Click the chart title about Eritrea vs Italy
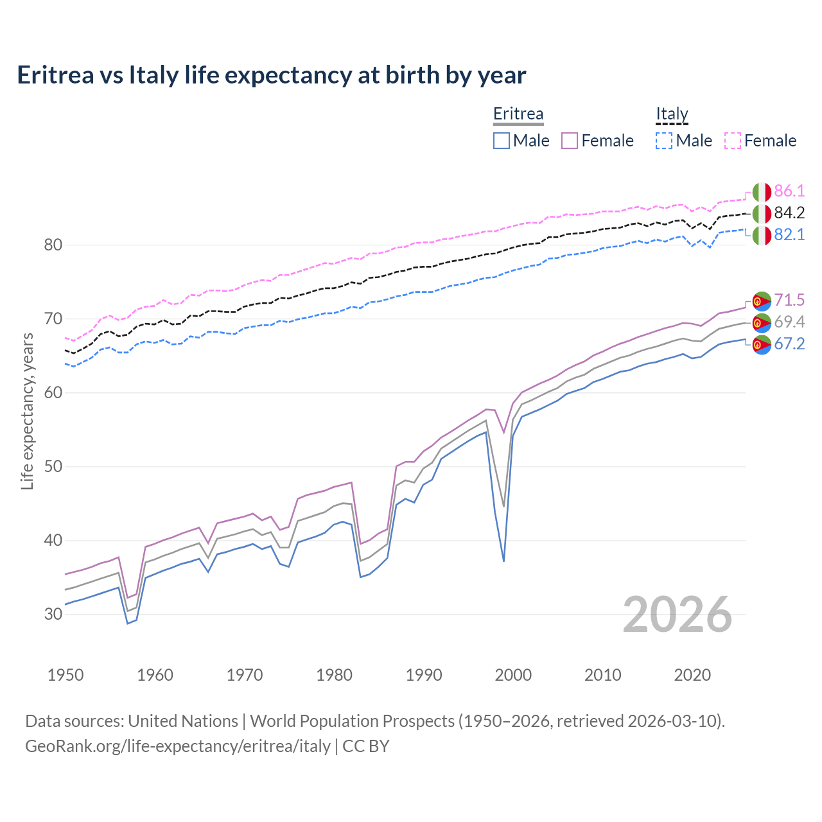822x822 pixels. click(271, 75)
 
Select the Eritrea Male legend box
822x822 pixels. click(502, 141)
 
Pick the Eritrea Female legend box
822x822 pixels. click(570, 141)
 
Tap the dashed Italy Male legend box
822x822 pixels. click(664, 141)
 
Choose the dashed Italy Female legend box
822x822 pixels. click(733, 141)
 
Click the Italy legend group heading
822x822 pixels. click(672, 114)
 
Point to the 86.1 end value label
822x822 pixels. click(789, 191)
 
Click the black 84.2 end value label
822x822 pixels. click(789, 213)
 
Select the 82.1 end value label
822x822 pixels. click(789, 235)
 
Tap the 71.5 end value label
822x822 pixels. click(789, 300)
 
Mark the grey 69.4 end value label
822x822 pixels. click(789, 322)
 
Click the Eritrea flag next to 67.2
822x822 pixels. click(762, 344)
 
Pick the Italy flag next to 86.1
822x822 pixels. click(762, 192)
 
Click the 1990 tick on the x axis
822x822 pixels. click(424, 675)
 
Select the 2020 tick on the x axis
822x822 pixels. click(692, 675)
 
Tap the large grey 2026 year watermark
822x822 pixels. click(678, 615)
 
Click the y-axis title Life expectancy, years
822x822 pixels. click(28, 411)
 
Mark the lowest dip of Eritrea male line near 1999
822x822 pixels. click(503, 561)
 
